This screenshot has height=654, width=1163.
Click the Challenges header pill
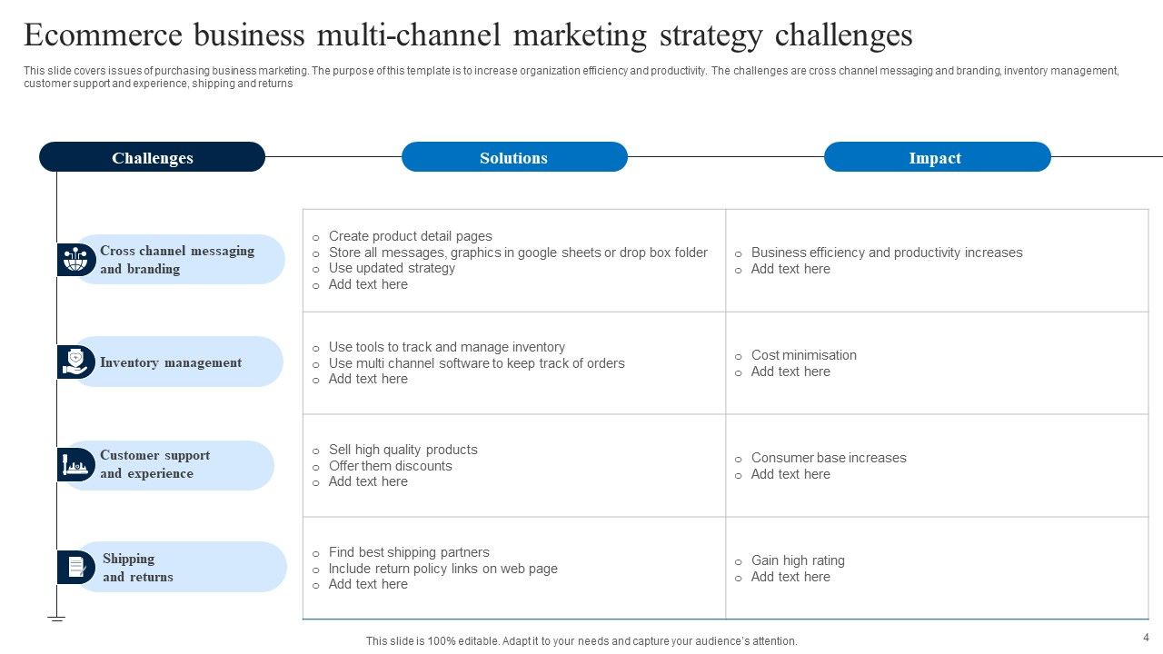click(x=152, y=157)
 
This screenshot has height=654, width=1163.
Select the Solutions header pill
click(x=514, y=157)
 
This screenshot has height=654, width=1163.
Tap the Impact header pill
click(x=937, y=157)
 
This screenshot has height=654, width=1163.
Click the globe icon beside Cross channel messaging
click(x=75, y=260)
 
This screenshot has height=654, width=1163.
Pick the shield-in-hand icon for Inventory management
click(x=75, y=362)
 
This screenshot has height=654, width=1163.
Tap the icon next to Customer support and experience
click(x=75, y=465)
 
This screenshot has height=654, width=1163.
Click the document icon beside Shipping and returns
click(x=75, y=568)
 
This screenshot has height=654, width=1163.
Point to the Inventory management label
click(x=171, y=362)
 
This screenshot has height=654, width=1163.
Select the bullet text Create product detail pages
click(x=410, y=236)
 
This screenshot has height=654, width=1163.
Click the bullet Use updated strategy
click(x=392, y=268)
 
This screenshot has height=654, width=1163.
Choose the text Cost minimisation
click(x=803, y=355)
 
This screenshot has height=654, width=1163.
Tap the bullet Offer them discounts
click(x=390, y=466)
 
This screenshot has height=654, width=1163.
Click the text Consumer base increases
click(x=829, y=458)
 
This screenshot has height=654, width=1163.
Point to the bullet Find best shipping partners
click(x=409, y=552)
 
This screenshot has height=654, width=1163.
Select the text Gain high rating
click(x=798, y=560)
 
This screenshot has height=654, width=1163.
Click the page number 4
click(x=1146, y=637)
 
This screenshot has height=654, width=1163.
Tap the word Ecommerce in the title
click(x=100, y=35)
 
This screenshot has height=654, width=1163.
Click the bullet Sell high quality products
click(x=403, y=450)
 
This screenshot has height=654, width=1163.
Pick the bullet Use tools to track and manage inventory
click(x=447, y=347)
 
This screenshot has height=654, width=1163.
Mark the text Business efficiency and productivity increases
click(x=887, y=253)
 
